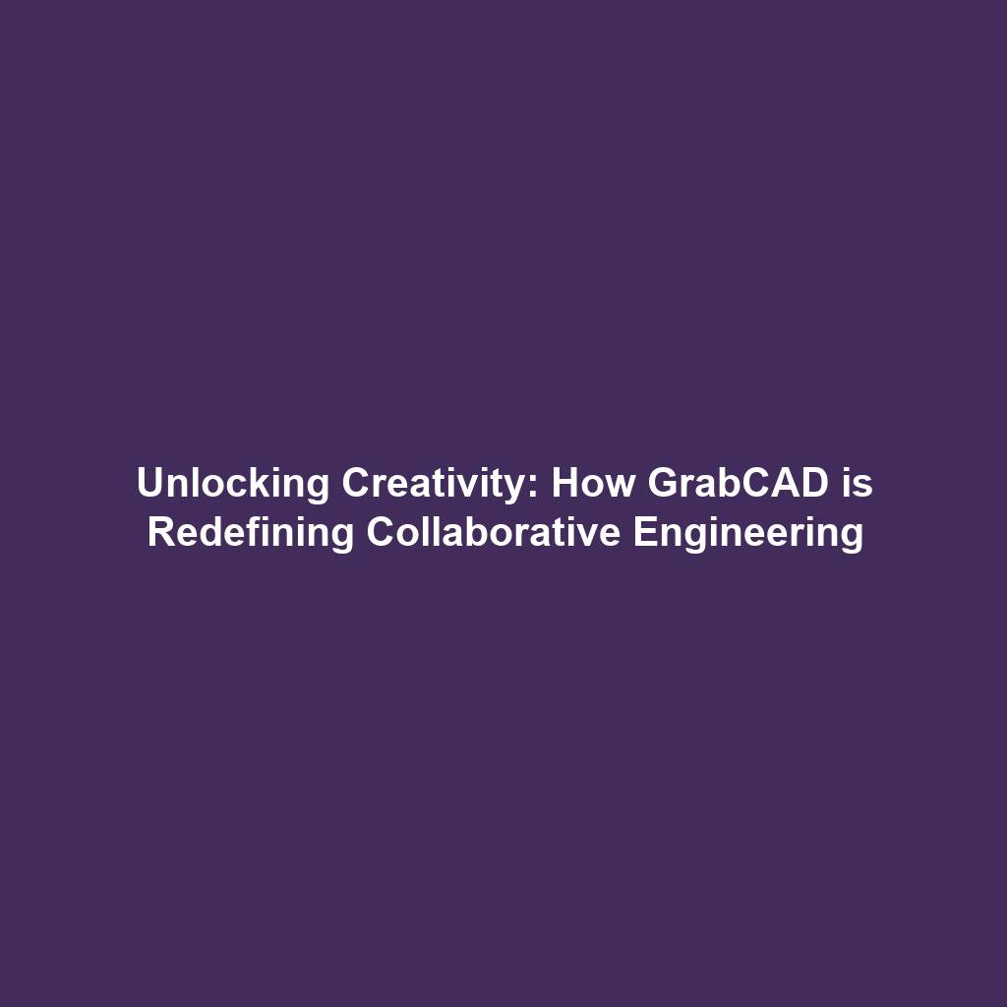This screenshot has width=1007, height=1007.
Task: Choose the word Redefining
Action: tap(251, 533)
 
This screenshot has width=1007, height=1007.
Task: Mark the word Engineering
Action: tap(748, 533)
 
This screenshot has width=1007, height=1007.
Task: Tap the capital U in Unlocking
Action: tap(148, 484)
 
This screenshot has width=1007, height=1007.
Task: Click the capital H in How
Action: tap(564, 484)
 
